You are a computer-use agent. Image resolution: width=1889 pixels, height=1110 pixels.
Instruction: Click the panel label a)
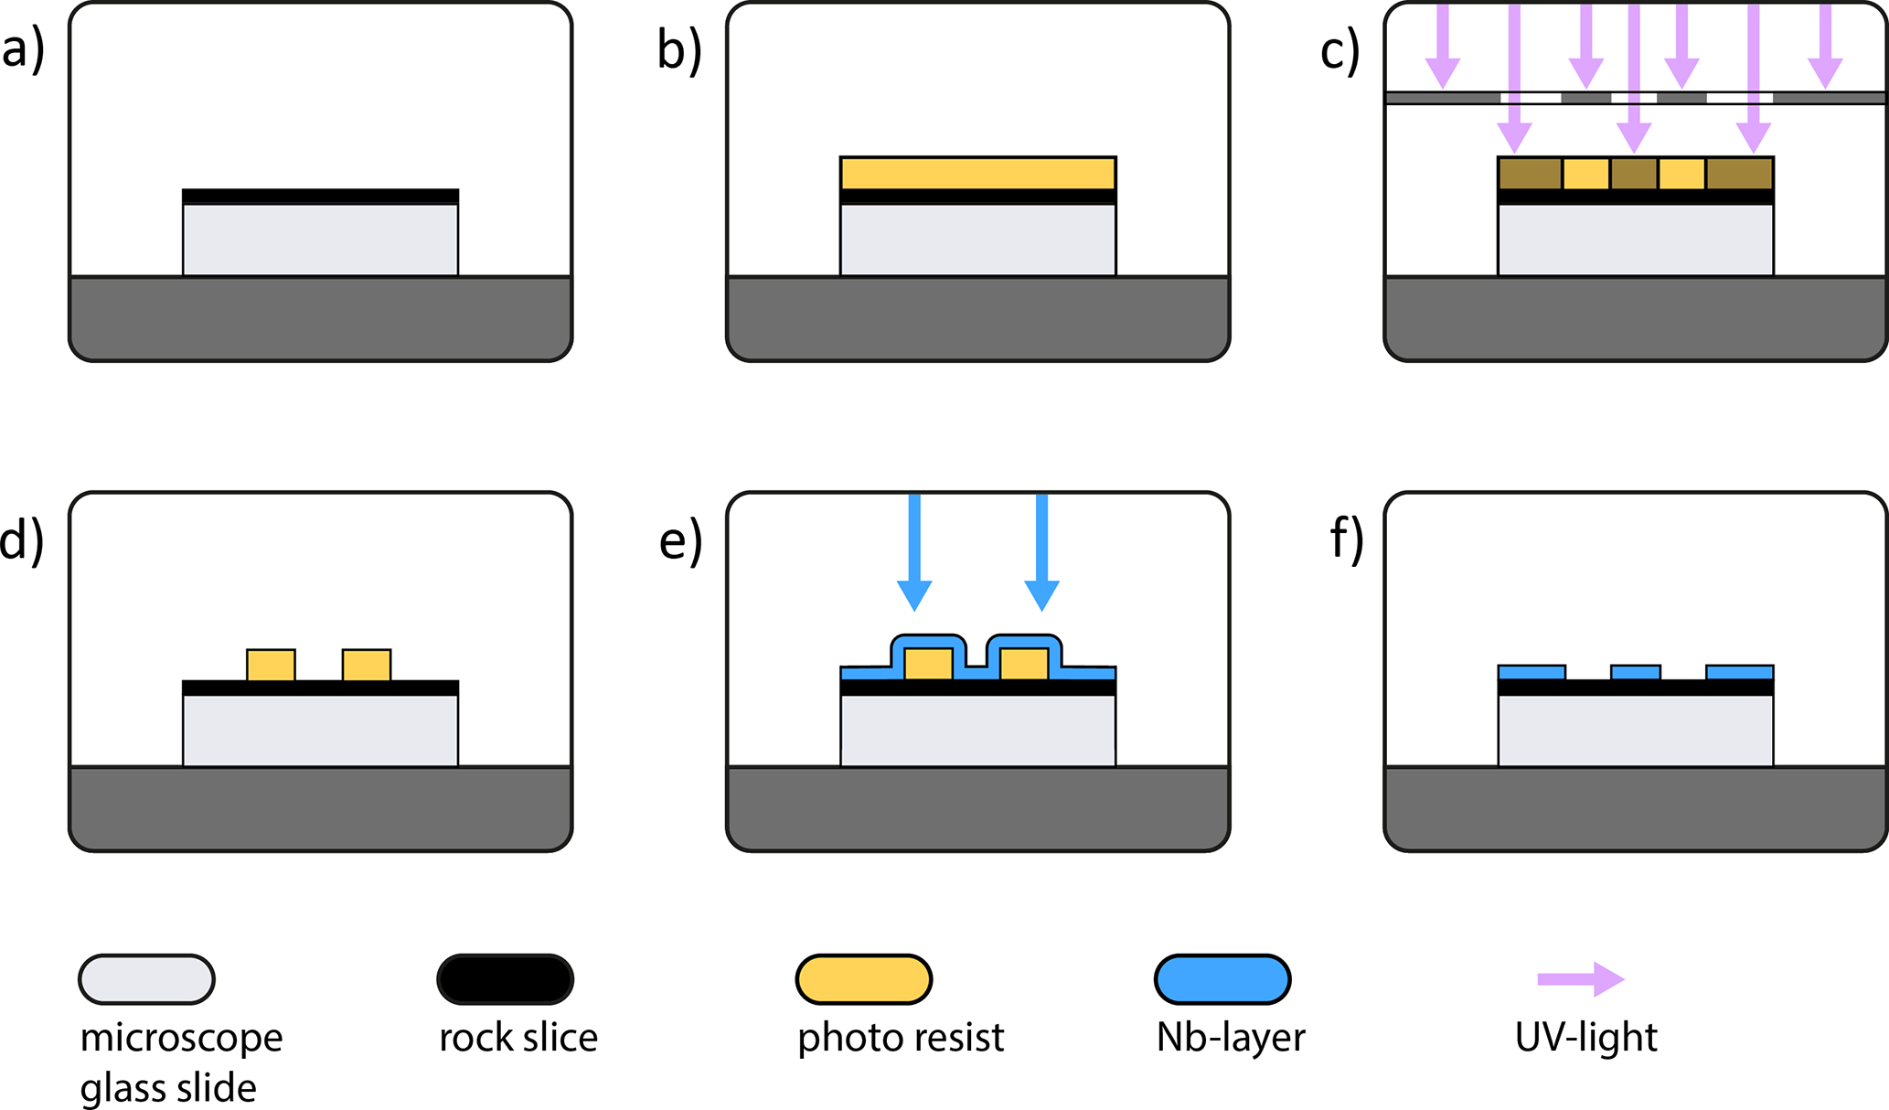[23, 50]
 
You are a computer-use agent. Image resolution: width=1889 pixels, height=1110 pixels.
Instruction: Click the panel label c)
[1339, 50]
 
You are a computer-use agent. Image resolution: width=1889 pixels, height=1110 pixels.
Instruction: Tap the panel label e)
[681, 540]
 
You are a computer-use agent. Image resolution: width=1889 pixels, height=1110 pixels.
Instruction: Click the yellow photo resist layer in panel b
[977, 173]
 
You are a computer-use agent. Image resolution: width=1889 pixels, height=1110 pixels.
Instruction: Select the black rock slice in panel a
[320, 197]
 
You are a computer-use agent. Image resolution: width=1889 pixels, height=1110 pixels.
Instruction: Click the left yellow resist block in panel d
[271, 665]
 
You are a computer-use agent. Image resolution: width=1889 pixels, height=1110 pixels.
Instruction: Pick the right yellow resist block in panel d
[367, 665]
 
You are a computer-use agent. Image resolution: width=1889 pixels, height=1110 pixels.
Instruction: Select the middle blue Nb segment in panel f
[1635, 673]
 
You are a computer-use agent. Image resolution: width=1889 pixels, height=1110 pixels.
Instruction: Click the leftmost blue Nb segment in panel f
[1531, 673]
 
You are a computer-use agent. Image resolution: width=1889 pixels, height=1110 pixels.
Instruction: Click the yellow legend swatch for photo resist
[863, 979]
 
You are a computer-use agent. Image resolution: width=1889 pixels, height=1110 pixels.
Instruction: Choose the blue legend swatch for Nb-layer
[1222, 979]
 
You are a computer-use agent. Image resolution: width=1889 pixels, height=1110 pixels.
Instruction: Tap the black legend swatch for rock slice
[505, 979]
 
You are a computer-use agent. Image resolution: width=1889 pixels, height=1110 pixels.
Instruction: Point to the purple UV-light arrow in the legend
[1581, 979]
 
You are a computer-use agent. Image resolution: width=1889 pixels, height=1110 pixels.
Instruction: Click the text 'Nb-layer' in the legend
[1230, 1038]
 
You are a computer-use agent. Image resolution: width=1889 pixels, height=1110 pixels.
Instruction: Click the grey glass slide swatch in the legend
[146, 979]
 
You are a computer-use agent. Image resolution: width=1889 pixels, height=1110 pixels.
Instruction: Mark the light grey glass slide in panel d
[320, 731]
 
